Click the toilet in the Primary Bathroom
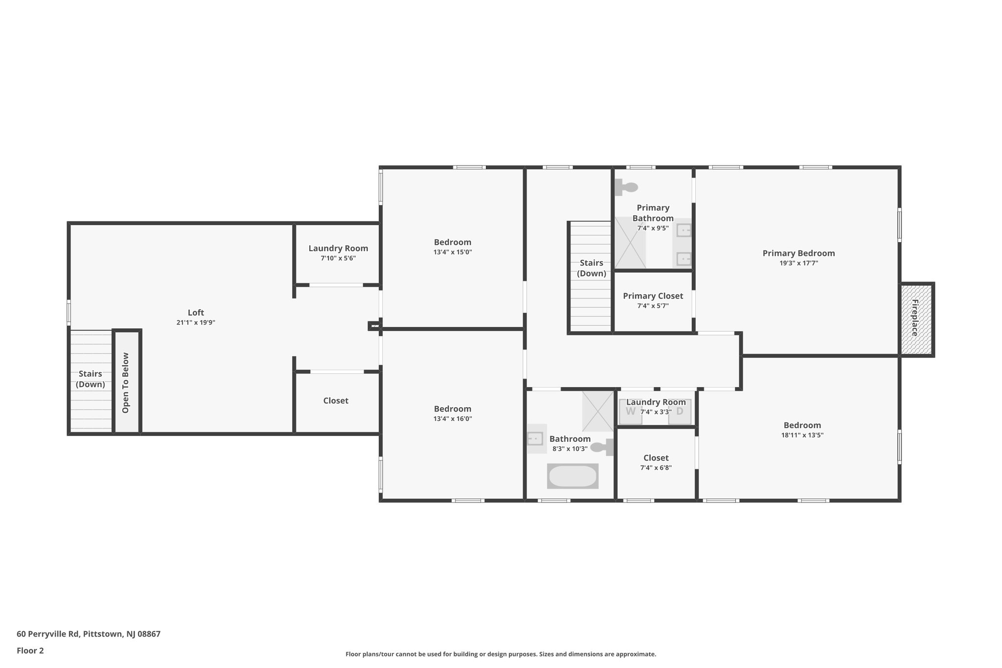click(627, 187)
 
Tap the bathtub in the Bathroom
click(572, 476)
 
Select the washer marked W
click(630, 412)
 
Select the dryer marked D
click(680, 412)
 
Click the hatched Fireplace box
click(916, 320)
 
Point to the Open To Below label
click(126, 383)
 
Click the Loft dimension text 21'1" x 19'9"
click(196, 322)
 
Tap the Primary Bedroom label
click(798, 253)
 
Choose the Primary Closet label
click(653, 296)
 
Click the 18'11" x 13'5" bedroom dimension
click(802, 435)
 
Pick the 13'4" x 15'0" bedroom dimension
click(453, 252)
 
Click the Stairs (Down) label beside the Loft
click(91, 379)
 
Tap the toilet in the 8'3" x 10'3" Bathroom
click(602, 447)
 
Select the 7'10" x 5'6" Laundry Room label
click(338, 249)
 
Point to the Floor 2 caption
click(30, 650)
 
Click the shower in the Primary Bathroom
click(630, 243)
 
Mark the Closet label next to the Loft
click(336, 401)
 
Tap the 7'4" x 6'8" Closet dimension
click(656, 468)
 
